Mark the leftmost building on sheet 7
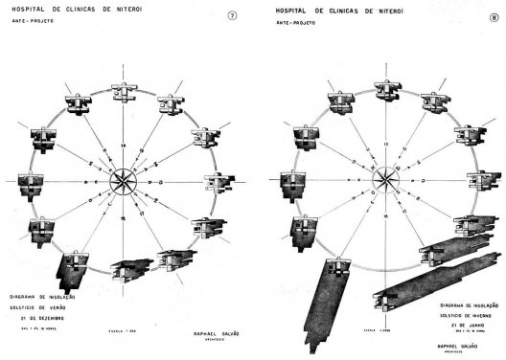click(x=25, y=180)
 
